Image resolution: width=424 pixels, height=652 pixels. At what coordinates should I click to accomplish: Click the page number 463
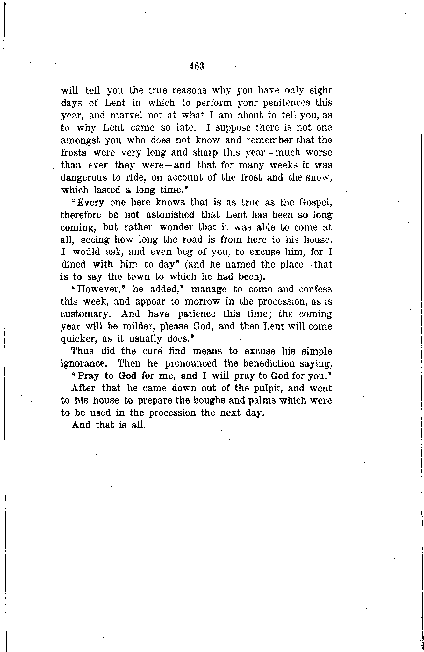click(196, 66)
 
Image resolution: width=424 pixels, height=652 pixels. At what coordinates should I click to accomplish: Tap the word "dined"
click(73, 264)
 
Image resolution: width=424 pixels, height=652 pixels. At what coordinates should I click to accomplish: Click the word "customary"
click(85, 314)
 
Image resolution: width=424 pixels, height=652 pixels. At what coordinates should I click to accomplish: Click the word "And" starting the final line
click(81, 425)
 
